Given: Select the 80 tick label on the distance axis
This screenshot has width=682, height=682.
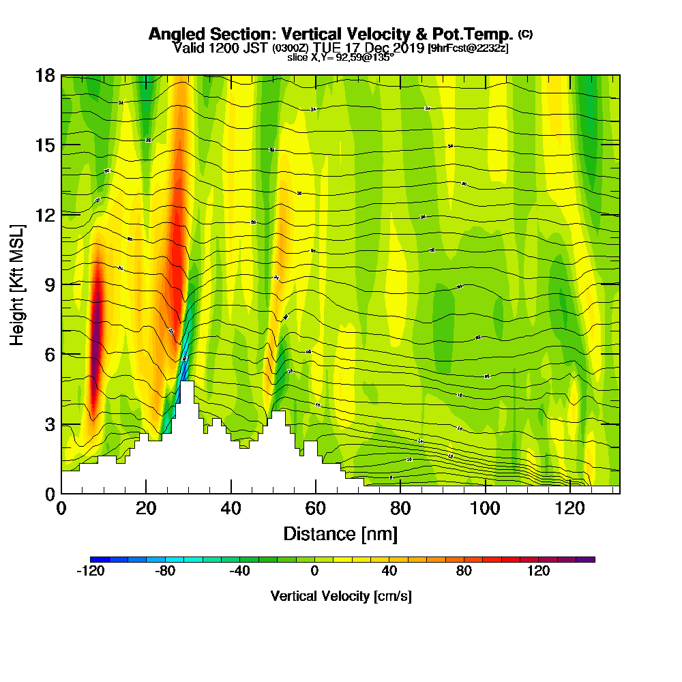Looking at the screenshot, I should [400, 508].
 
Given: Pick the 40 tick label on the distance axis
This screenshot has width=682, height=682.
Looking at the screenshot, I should [231, 508].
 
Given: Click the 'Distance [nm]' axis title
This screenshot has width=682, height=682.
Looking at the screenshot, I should [340, 533].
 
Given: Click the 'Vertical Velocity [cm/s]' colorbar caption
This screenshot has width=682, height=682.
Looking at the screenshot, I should [340, 596].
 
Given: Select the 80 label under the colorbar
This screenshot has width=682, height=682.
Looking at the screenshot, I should [464, 572].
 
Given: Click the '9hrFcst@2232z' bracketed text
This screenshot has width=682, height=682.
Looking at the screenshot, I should [468, 48].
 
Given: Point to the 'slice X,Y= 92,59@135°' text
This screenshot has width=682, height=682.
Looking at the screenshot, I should [340, 57].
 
